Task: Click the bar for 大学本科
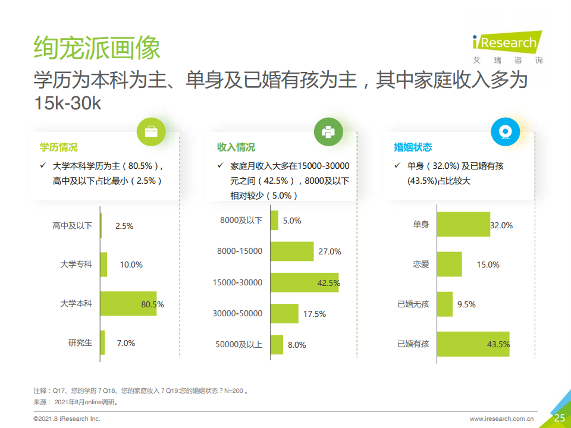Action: (128, 303)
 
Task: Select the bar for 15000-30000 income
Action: (305, 282)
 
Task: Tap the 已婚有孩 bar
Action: (473, 344)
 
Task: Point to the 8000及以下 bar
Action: (274, 220)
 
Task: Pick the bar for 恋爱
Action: (450, 264)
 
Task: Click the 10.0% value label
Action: (131, 265)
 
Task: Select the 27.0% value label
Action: (330, 251)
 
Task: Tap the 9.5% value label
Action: (466, 304)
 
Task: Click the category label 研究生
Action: (80, 343)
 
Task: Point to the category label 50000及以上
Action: (239, 344)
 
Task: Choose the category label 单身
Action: (421, 225)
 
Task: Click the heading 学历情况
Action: (58, 147)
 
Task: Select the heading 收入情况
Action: (236, 147)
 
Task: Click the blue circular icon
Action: (505, 132)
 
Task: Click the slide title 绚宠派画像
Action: (97, 48)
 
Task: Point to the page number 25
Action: (559, 418)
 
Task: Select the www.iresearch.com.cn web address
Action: (501, 419)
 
